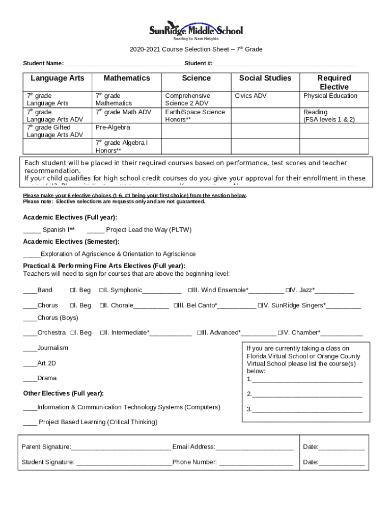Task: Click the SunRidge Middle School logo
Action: coord(195,30)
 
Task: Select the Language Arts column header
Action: coord(58,78)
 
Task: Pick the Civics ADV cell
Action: coord(250,96)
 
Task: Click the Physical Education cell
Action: coord(330,96)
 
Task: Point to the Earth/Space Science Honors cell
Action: coord(195,116)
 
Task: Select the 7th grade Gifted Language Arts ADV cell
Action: coord(55,131)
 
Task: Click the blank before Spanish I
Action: coord(32,230)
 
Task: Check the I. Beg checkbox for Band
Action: coord(72,291)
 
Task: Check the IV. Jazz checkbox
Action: coord(288,291)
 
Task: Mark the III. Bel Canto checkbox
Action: coord(176,306)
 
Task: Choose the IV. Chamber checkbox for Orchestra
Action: coord(280,333)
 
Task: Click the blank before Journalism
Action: coord(30,348)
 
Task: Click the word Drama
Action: coord(47,378)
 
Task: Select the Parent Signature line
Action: coord(121,448)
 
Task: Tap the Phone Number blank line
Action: coord(256,463)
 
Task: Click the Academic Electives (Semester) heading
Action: coord(71,242)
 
